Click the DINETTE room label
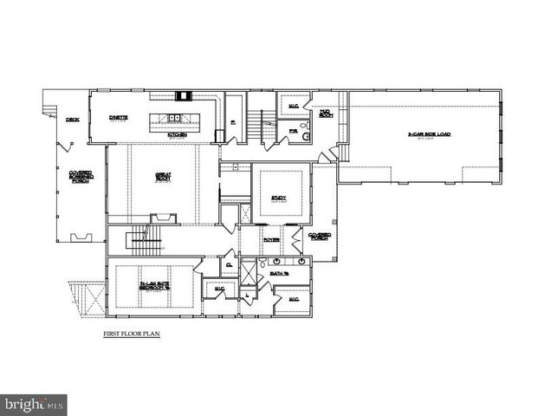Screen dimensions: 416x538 pyautogui.click(x=119, y=118)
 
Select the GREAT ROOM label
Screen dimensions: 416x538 pyautogui.click(x=163, y=177)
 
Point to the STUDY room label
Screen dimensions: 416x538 pyautogui.click(x=279, y=198)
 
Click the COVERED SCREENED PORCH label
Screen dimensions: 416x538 pyautogui.click(x=81, y=178)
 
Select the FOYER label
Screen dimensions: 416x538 pyautogui.click(x=271, y=239)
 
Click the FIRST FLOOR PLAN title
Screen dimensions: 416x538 pyautogui.click(x=132, y=333)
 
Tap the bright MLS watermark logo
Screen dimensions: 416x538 pyautogui.click(x=34, y=404)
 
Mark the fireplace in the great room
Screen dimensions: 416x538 pyautogui.click(x=163, y=218)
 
